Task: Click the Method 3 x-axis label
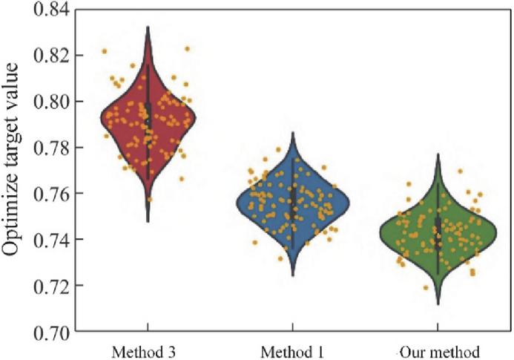(x=147, y=350)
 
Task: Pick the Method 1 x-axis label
(x=292, y=350)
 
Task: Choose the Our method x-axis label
(x=438, y=350)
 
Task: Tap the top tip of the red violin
(x=148, y=27)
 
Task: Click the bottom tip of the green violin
(x=438, y=304)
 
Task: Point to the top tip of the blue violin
(x=293, y=134)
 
